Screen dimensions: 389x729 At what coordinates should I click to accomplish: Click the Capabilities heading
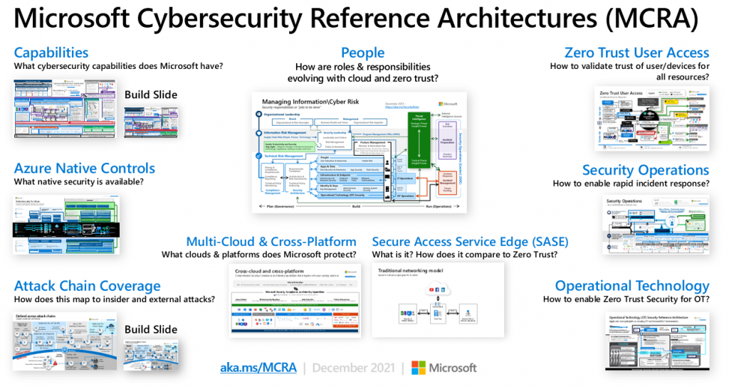point(51,53)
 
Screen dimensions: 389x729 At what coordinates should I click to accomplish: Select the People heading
point(362,53)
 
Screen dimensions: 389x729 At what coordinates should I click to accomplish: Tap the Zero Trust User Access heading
point(636,53)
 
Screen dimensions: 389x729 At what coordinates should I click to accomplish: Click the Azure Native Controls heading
point(84,169)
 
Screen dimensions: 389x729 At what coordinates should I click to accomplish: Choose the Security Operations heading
point(645,170)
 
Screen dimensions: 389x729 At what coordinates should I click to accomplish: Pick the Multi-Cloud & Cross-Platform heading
point(271,242)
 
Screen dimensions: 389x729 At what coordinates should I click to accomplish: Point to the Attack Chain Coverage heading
point(87,286)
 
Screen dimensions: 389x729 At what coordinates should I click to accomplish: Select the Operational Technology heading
point(632,286)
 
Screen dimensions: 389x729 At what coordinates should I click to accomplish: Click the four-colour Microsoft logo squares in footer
point(419,368)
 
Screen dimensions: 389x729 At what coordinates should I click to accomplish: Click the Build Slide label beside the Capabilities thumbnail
point(151,95)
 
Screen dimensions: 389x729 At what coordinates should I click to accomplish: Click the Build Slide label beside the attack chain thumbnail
point(151,329)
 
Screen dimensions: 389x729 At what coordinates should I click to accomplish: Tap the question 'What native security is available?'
point(79,183)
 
